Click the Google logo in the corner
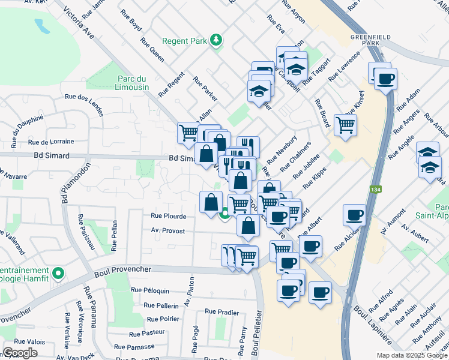(x=20, y=352)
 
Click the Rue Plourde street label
(x=168, y=215)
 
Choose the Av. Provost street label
(x=168, y=230)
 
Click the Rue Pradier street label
(x=221, y=311)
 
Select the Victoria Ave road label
(x=79, y=23)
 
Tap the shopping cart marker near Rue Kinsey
(x=345, y=125)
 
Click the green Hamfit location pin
(x=58, y=274)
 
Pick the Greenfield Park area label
(x=367, y=40)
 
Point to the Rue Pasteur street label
(x=147, y=332)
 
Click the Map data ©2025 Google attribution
(x=412, y=355)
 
